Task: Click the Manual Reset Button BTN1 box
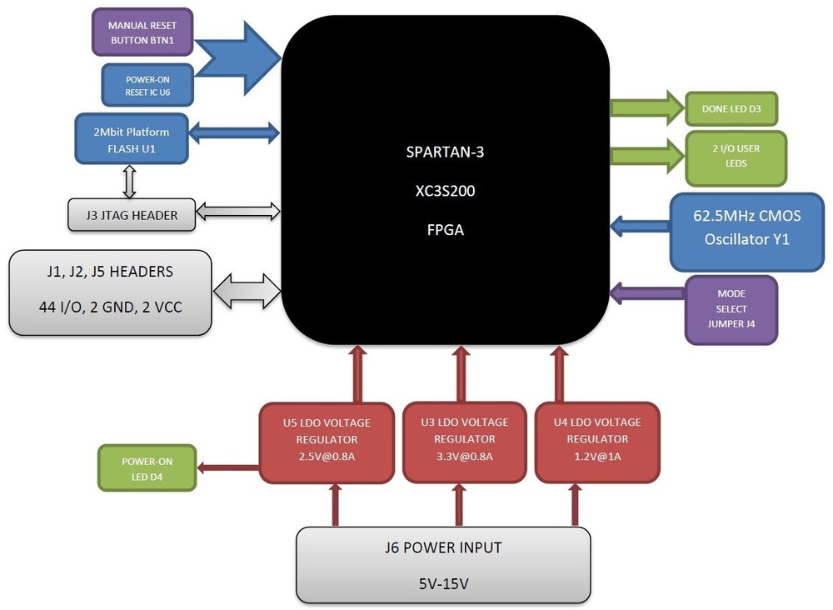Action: (x=142, y=32)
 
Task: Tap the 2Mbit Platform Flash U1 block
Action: (x=132, y=139)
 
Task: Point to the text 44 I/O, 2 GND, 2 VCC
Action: (x=110, y=307)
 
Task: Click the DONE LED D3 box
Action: (x=732, y=108)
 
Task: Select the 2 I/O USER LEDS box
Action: (x=736, y=157)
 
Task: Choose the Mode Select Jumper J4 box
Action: (x=731, y=309)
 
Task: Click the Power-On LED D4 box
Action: (x=147, y=467)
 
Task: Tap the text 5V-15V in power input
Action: (x=443, y=582)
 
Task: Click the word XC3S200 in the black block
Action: (x=446, y=191)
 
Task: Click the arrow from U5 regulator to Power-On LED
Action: (x=228, y=467)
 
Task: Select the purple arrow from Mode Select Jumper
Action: (x=647, y=292)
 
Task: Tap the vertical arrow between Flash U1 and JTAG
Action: (x=129, y=179)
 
